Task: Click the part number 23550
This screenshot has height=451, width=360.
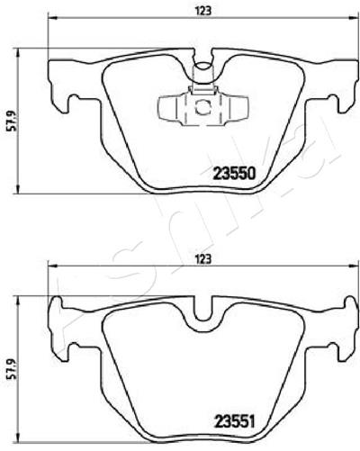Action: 234,173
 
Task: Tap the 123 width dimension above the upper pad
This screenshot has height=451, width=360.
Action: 203,11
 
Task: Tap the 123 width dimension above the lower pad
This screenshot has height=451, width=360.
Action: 203,259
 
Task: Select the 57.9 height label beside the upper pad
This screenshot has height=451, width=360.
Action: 13,120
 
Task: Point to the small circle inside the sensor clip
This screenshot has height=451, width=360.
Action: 203,107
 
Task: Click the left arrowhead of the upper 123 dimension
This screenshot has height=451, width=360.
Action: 52,18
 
